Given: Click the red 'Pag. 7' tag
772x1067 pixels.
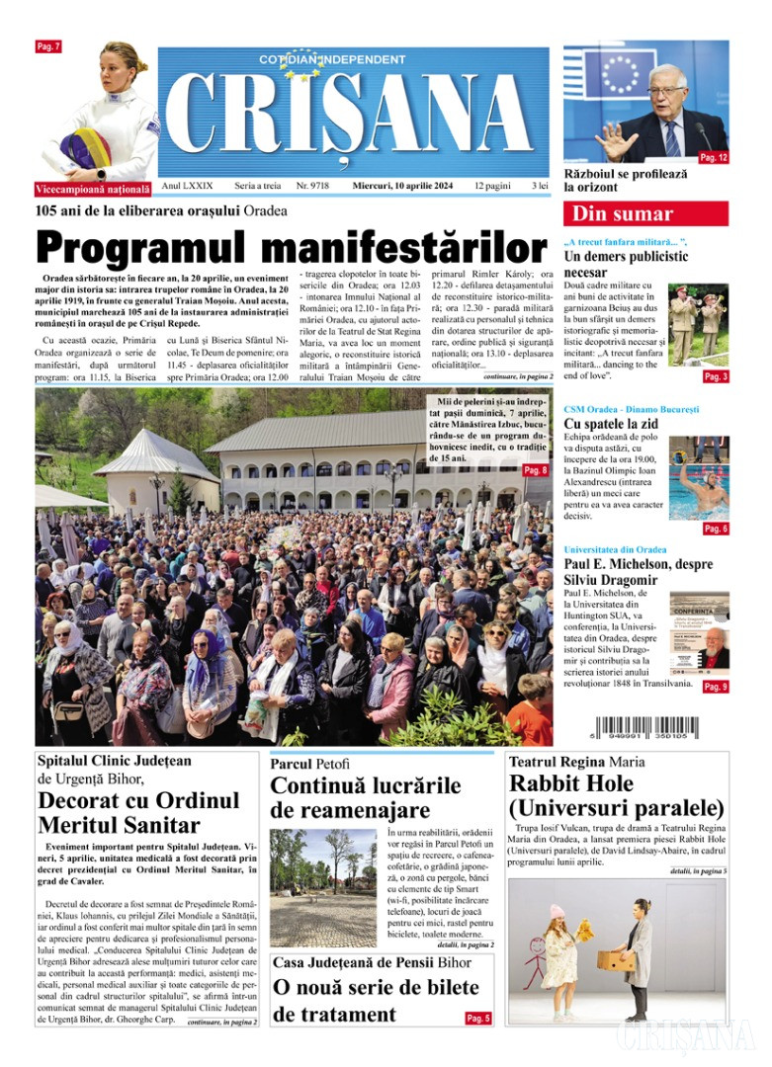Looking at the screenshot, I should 48,46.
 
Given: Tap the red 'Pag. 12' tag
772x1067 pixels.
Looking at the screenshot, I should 713,158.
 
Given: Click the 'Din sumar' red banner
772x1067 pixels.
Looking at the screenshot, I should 645,214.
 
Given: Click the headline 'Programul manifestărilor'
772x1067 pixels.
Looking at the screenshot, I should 291,247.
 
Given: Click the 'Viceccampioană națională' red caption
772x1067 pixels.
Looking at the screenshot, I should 93,188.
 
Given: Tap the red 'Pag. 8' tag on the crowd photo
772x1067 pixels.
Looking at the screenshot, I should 535,470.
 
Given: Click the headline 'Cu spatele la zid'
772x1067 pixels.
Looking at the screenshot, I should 612,424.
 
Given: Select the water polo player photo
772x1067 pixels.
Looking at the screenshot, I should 698,477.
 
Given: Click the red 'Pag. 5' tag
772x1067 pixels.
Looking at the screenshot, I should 477,1018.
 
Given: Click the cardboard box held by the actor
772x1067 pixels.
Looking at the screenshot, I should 615,960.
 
